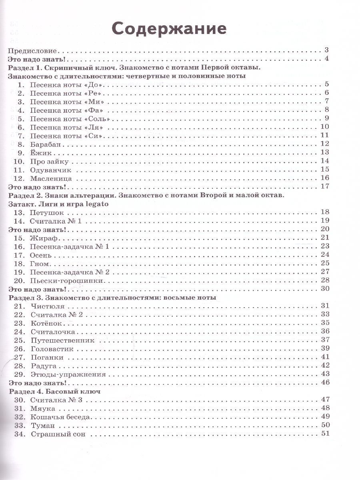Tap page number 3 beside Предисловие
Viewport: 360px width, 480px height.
[x=326, y=50]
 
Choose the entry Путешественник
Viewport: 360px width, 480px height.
[x=62, y=340]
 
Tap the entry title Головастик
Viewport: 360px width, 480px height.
[x=52, y=349]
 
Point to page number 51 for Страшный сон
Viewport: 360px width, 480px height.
[x=324, y=434]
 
